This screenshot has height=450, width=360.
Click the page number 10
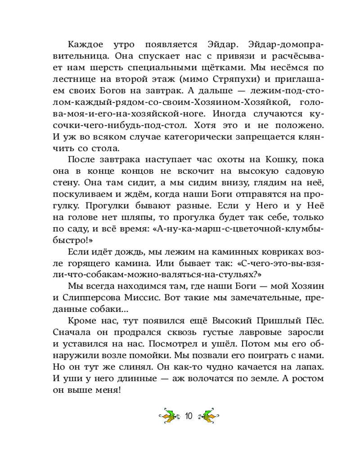pyautogui.click(x=188, y=416)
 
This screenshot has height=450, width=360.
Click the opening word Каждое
pyautogui.click(x=84, y=45)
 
